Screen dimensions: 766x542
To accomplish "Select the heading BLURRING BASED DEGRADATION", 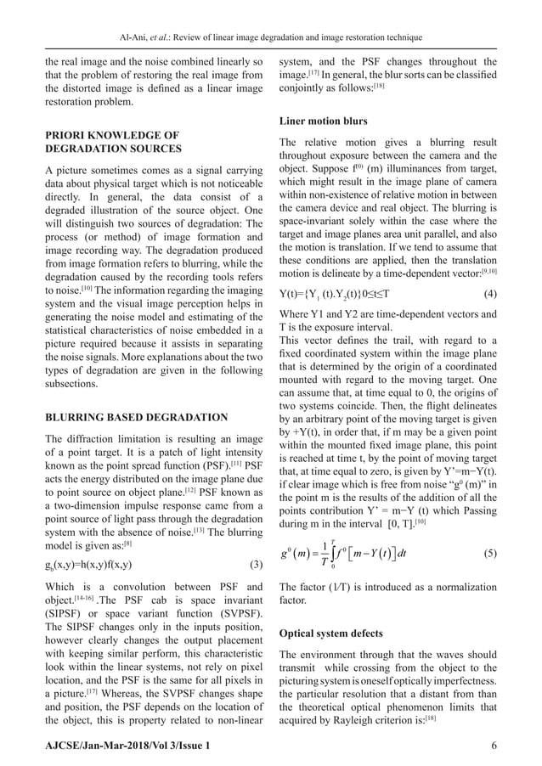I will (x=136, y=417).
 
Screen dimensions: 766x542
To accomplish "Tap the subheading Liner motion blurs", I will (x=319, y=121).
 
